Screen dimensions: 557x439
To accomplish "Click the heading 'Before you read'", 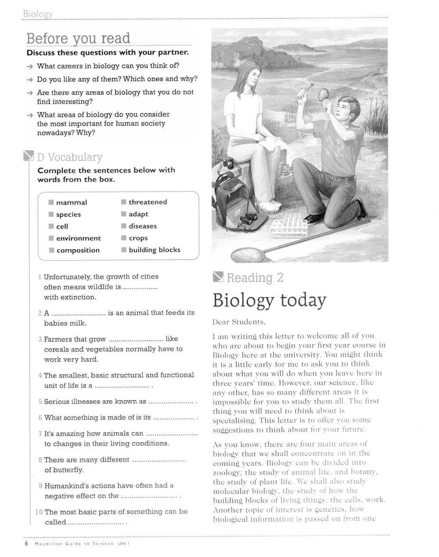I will click(x=79, y=39).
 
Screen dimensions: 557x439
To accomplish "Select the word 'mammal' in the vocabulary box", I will click(x=71, y=203).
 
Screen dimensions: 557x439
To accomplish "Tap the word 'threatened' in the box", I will click(x=148, y=202).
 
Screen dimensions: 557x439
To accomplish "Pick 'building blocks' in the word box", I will click(x=154, y=250).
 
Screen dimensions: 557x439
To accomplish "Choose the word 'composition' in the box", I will click(x=78, y=250).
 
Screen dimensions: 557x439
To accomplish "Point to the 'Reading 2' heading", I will click(x=255, y=278).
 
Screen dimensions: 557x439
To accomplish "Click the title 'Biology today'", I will click(x=270, y=300).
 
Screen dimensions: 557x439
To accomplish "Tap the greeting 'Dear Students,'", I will click(x=239, y=322).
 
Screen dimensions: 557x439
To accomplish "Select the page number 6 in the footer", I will click(x=26, y=543).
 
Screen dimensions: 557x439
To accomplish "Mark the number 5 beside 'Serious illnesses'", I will click(x=40, y=402).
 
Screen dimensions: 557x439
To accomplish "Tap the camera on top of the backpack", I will click(x=228, y=164).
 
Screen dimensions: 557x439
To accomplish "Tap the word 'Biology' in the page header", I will click(x=38, y=14).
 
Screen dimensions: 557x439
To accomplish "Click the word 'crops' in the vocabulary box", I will click(x=138, y=238).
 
